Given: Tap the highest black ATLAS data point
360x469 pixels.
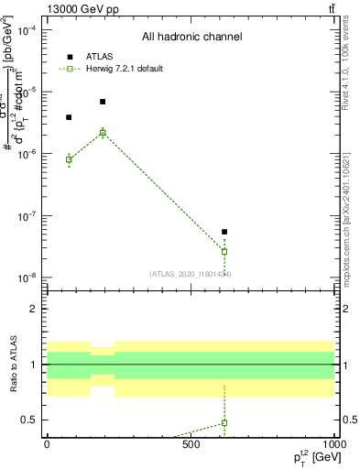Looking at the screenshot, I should coord(103,102).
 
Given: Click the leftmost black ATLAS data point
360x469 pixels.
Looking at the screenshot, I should coord(69,117).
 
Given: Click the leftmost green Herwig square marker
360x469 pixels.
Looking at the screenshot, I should coord(69,159).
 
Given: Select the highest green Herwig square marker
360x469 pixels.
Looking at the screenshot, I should coord(103,133).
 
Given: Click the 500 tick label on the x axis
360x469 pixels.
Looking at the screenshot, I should coord(191,444).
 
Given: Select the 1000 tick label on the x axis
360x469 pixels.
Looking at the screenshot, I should coord(333,444).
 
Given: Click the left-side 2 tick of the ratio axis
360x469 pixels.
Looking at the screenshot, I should coord(33,309).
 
